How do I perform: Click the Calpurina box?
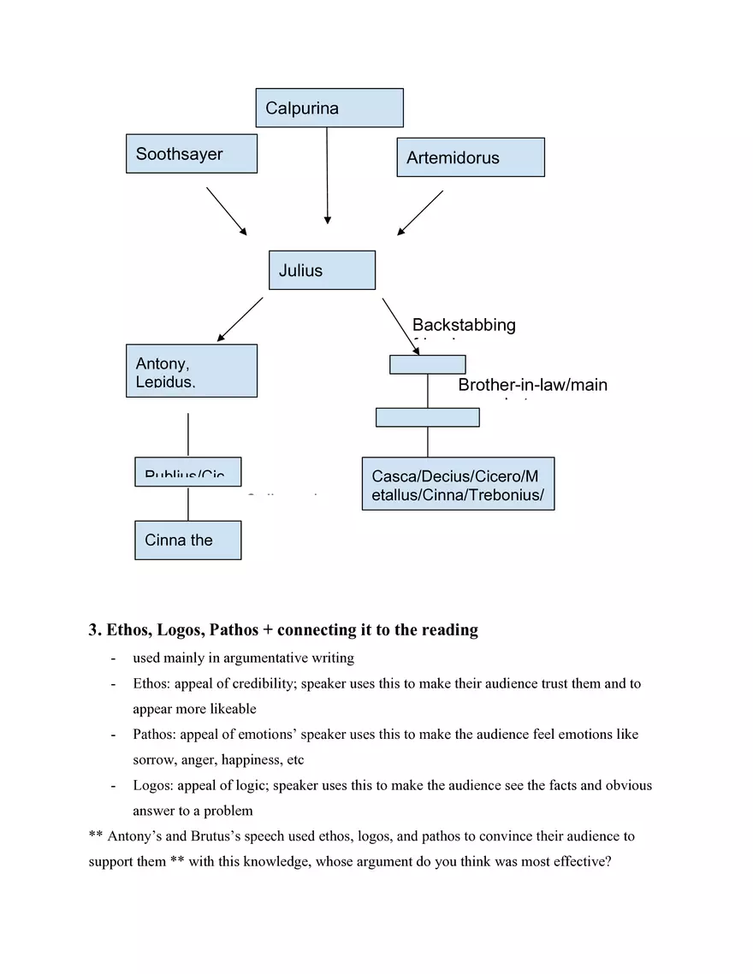tap(329, 108)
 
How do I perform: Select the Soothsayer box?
tap(192, 154)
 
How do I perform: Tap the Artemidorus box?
tap(471, 157)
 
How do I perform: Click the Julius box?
tap(322, 270)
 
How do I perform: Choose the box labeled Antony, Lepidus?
tap(192, 371)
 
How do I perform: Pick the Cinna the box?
tap(188, 540)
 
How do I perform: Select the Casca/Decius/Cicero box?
tap(458, 484)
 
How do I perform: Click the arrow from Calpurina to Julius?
tap(327, 175)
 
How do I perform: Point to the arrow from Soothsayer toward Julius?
tap(227, 211)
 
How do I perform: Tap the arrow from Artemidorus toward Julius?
tap(420, 212)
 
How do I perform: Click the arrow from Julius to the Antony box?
tap(240, 319)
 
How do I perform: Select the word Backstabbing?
tap(464, 325)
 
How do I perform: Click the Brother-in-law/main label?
tap(532, 385)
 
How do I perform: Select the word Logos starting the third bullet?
tap(151, 785)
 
